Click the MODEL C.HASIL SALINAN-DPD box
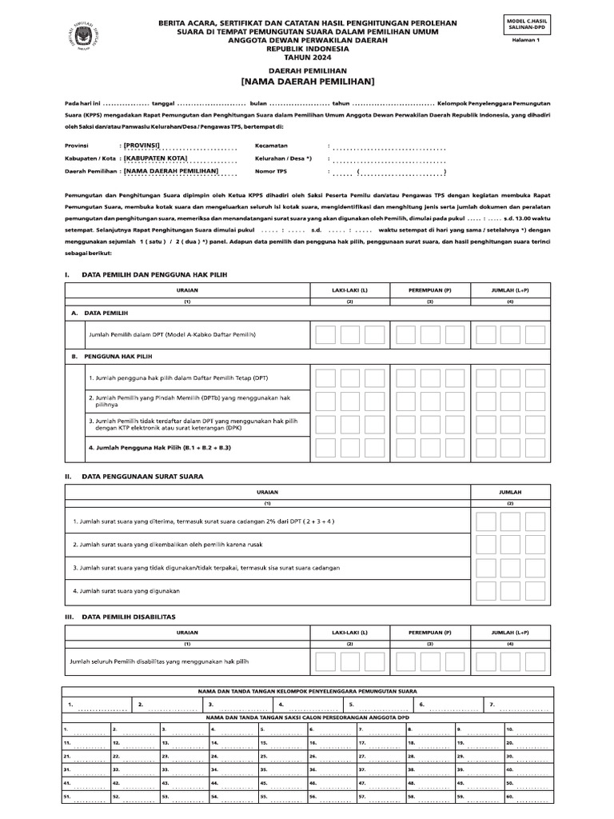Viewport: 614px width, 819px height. (529, 23)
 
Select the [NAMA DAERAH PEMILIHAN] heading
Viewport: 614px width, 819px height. (308, 82)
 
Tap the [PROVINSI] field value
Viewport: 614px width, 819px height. (148, 146)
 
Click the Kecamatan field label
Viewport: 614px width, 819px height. (274, 146)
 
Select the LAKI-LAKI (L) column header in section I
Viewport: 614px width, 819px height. (349, 290)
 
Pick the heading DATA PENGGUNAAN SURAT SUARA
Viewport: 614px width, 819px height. (142, 477)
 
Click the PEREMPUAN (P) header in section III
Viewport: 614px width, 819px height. (429, 632)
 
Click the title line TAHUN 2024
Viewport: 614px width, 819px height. (307, 58)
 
